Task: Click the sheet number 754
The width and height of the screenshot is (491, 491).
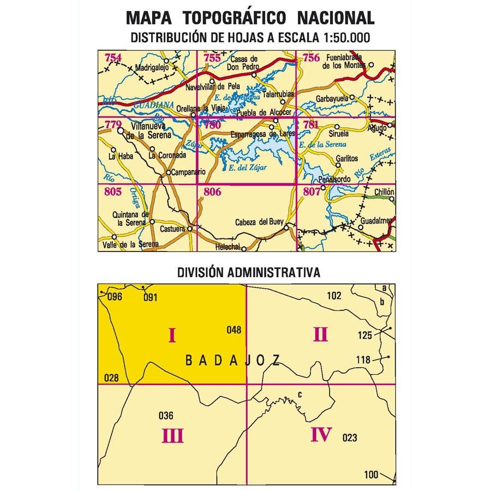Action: click(x=113, y=57)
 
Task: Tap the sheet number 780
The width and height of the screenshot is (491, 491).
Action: click(x=212, y=124)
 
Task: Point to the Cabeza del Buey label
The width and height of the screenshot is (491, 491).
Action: click(x=256, y=222)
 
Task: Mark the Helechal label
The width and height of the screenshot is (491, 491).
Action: click(x=227, y=247)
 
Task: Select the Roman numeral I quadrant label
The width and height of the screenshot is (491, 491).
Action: click(x=172, y=334)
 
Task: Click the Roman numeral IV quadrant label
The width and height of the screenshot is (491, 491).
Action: click(x=321, y=435)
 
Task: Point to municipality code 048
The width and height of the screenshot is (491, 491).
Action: click(x=233, y=330)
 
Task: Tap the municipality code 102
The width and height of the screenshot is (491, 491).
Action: click(x=334, y=296)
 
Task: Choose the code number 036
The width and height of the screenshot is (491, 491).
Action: click(x=165, y=416)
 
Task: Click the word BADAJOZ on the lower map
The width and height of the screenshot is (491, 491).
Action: click(x=233, y=360)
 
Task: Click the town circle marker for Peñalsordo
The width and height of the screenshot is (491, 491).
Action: click(x=324, y=188)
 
